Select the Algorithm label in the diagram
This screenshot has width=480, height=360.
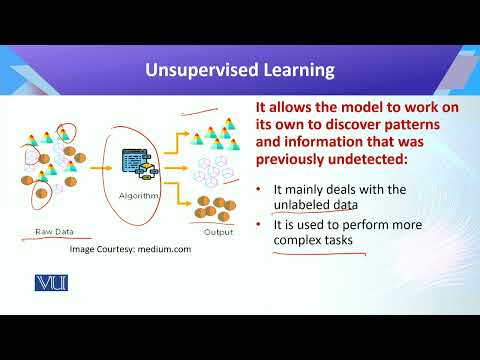[138, 196]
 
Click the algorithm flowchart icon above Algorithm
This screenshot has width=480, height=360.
[137, 164]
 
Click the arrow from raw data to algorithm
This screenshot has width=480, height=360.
[101, 169]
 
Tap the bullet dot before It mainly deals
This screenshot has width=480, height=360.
[260, 188]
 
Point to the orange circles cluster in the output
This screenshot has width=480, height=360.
[213, 207]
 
